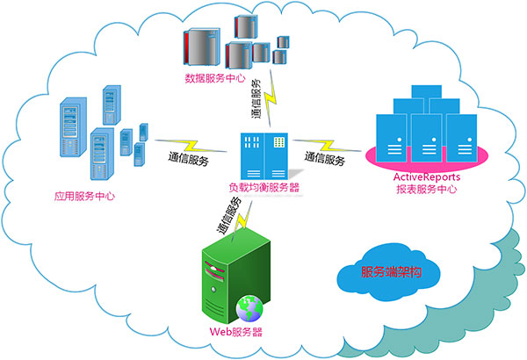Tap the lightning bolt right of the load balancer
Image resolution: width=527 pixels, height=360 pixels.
click(x=326, y=143)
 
